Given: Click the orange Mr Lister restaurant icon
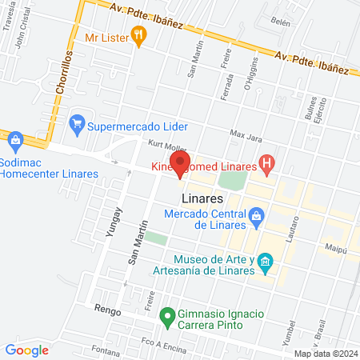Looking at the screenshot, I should coord(138,34).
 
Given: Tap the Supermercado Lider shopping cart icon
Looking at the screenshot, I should coord(78,123).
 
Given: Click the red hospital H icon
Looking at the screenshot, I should coord(267,166).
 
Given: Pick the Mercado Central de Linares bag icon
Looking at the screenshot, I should coord(256,214).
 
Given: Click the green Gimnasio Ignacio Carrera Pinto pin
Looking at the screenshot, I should coord(167,316).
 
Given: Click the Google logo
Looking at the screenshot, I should coord(26,350).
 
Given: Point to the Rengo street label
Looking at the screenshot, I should coord(106,306).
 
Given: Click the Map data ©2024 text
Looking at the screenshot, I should coord(324,353).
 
